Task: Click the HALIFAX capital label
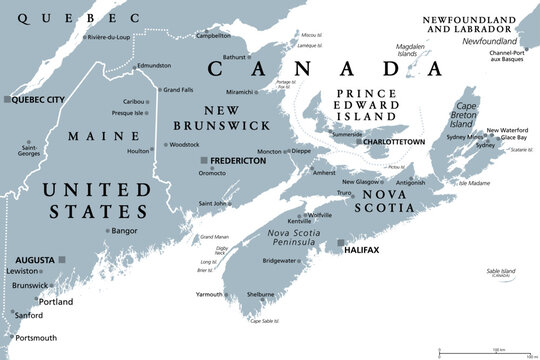pyautogui.click(x=362, y=249)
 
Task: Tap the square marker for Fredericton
pyautogui.click(x=204, y=160)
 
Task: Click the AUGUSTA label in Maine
pyautogui.click(x=34, y=259)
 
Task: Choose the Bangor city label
pyautogui.click(x=124, y=231)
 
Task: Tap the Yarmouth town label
pyautogui.click(x=209, y=295)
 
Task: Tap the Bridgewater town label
pyautogui.click(x=279, y=260)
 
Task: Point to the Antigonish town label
pyautogui.click(x=411, y=181)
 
